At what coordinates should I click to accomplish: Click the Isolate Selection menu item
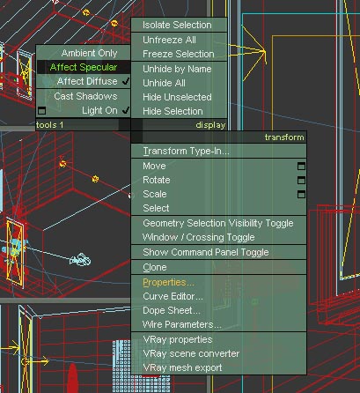(177, 25)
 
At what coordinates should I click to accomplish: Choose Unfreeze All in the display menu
(169, 40)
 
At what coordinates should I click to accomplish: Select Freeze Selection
(179, 54)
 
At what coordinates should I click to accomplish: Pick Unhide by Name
(177, 69)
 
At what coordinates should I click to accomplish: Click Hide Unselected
(177, 97)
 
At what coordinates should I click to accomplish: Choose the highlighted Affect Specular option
(84, 67)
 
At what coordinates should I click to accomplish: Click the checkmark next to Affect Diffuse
(126, 81)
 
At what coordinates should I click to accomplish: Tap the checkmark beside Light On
(126, 110)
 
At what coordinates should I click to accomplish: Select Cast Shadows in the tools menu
(85, 96)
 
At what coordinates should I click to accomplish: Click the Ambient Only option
(89, 53)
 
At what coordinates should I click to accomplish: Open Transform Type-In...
(186, 151)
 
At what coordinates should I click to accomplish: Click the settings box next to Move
(301, 167)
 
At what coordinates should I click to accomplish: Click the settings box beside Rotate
(301, 180)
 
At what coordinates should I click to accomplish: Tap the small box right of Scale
(301, 194)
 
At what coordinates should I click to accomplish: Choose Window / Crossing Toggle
(199, 237)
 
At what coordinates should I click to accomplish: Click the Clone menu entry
(155, 267)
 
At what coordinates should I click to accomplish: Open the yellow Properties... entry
(168, 283)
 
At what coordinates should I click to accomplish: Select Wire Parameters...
(182, 324)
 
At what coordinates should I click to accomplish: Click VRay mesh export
(182, 367)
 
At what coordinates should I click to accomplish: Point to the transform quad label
(284, 137)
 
